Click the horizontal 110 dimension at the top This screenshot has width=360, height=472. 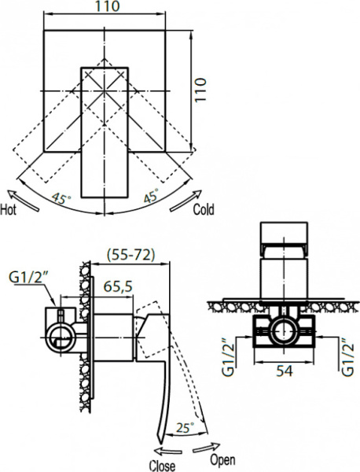108,6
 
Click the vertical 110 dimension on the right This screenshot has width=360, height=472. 201,90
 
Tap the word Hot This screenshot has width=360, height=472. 8,209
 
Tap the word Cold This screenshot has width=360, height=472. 204,209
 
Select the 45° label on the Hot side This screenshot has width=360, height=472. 61,199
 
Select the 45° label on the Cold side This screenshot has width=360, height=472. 151,196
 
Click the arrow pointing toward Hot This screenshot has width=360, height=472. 23,201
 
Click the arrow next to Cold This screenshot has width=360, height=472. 186,201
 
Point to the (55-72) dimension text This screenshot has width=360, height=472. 130,256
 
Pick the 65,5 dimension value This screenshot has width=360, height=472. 118,286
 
